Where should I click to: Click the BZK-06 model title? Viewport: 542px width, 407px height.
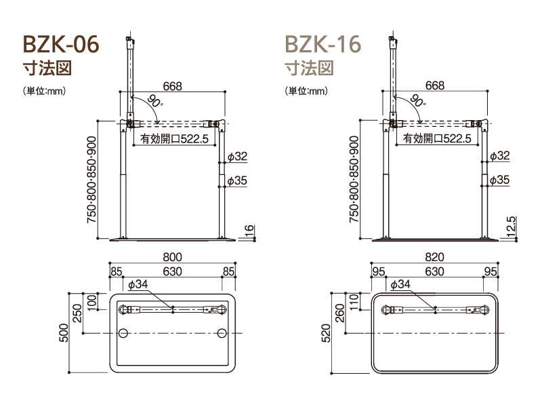(61, 44)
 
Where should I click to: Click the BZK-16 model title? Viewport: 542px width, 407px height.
(322, 44)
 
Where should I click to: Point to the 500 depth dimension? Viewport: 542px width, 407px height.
(65, 333)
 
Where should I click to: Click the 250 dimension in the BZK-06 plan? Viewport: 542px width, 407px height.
(78, 313)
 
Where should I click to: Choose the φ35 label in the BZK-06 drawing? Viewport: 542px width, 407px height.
(238, 180)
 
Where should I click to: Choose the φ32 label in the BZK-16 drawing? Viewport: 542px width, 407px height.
(500, 156)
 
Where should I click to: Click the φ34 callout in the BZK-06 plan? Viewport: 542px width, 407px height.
(138, 284)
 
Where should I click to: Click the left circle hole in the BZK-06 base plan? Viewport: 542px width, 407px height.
(123, 334)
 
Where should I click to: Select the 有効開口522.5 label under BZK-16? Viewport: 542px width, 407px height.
(437, 138)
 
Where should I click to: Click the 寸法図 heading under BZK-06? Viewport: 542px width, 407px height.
(47, 68)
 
